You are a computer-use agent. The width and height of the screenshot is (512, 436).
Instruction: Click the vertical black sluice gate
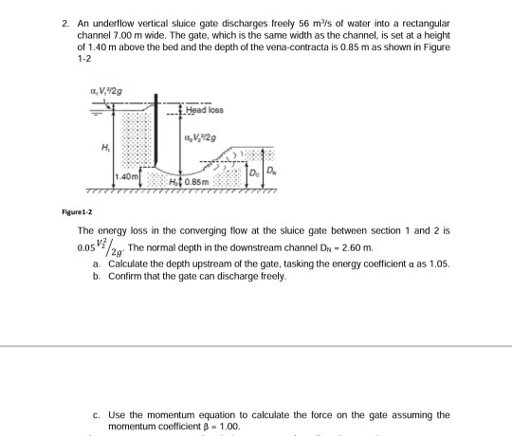point(155,137)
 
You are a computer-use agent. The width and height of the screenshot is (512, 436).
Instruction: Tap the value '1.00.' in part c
point(214,427)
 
